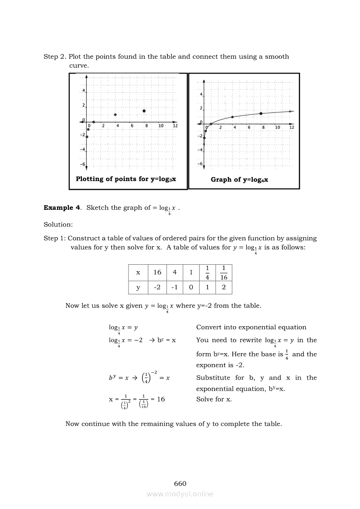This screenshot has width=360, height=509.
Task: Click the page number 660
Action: [180, 484]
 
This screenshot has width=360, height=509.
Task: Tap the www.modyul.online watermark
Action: [180, 494]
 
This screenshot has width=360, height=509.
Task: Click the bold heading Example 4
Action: [62, 208]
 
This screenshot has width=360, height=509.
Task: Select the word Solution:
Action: [58, 225]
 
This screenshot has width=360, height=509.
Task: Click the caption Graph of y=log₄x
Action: [239, 179]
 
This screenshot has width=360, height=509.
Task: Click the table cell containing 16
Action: [157, 273]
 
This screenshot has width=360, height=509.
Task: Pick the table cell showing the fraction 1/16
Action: [224, 273]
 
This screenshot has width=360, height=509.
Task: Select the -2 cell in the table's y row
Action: [157, 288]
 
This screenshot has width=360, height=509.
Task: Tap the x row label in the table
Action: [138, 273]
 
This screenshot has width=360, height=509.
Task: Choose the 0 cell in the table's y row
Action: [191, 288]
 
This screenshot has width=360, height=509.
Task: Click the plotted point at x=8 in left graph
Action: [144, 111]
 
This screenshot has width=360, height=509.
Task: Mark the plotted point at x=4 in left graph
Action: [115, 115]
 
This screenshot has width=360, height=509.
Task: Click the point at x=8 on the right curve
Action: [261, 113]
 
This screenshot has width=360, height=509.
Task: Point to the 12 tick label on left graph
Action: [175, 126]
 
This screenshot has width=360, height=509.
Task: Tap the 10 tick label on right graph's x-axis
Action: [277, 128]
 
